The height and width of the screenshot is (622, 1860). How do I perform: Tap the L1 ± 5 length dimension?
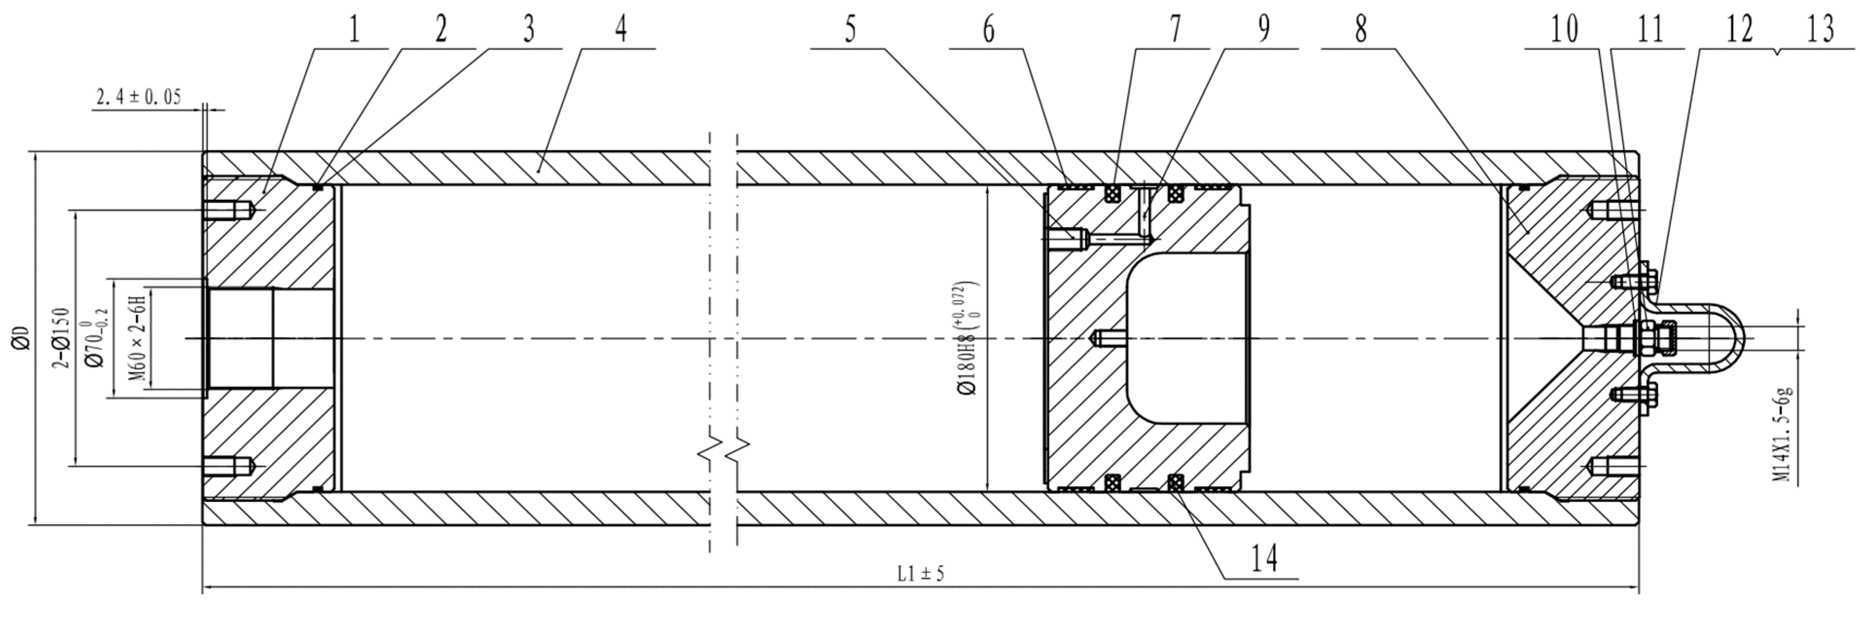(921, 574)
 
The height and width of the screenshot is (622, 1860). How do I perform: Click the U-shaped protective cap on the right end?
(1711, 338)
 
